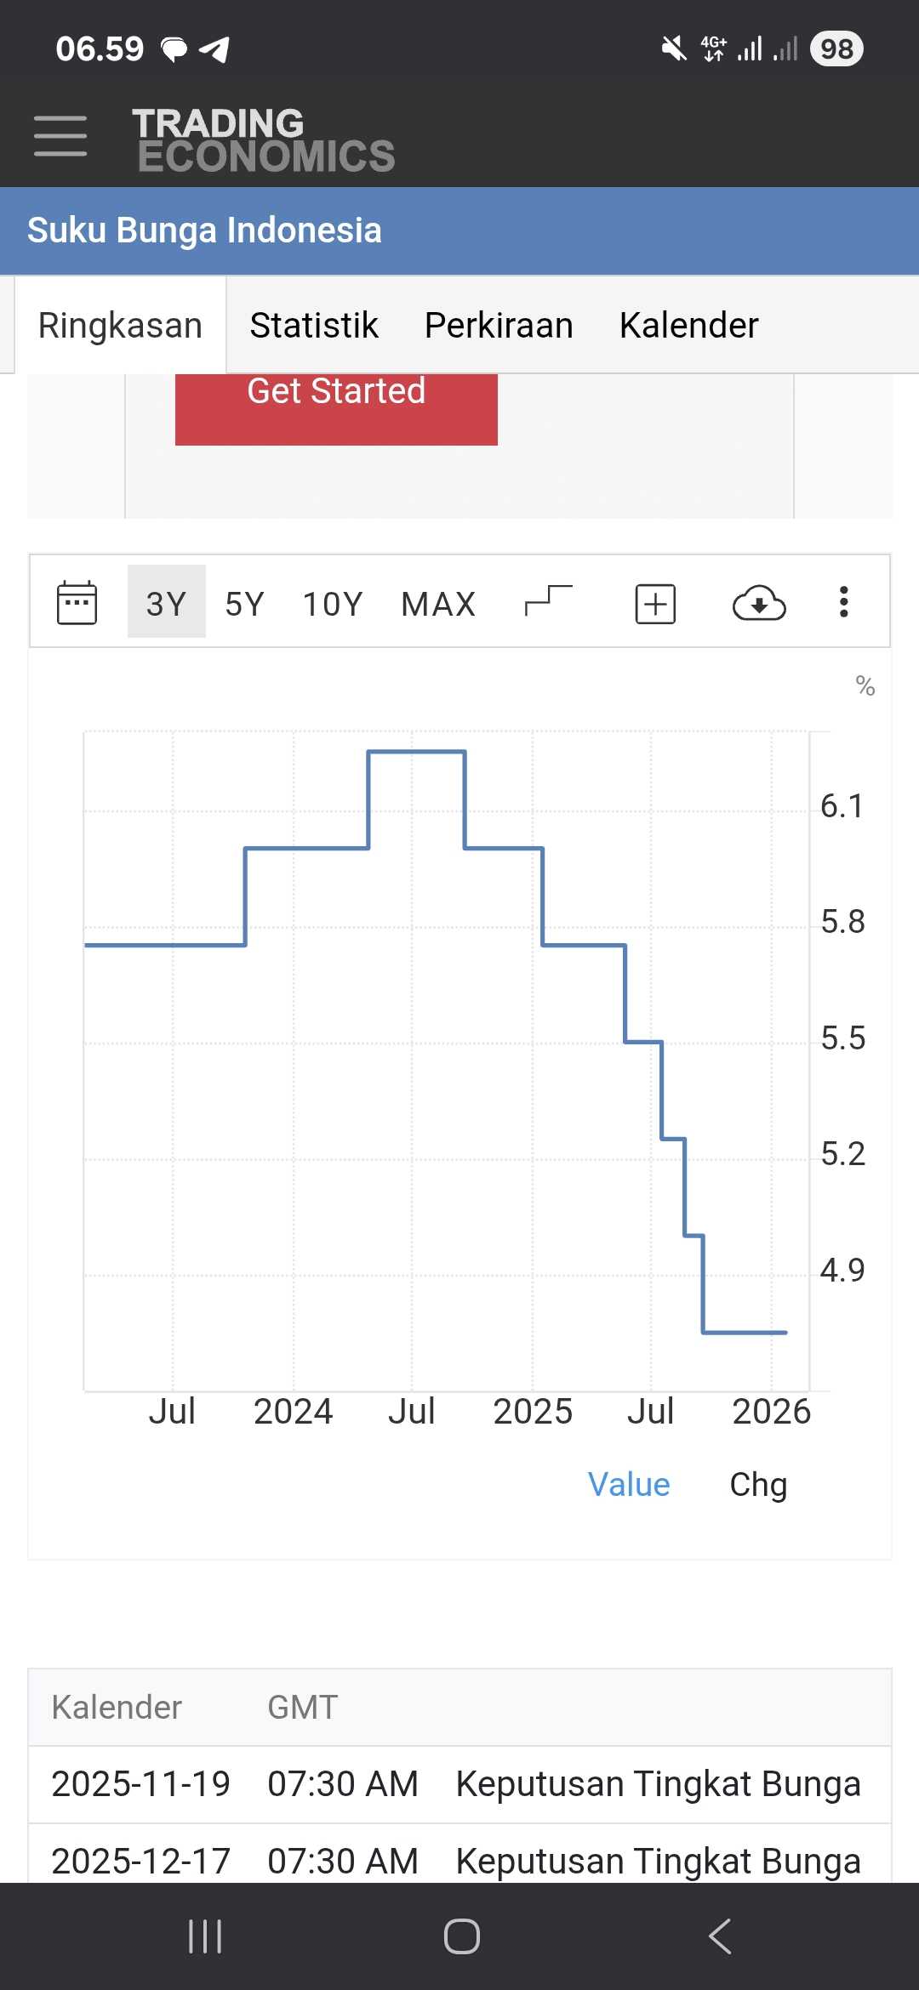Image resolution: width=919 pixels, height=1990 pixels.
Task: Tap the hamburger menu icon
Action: tap(60, 136)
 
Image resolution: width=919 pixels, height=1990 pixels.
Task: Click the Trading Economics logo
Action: tap(263, 140)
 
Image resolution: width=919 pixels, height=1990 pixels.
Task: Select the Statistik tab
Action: tap(314, 325)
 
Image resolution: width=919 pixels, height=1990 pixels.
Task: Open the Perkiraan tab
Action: tap(499, 325)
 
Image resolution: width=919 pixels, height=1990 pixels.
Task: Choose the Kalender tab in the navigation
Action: tap(688, 325)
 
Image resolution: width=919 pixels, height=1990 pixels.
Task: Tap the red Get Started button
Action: tap(336, 401)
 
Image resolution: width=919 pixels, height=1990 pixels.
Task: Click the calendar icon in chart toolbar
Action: tap(77, 603)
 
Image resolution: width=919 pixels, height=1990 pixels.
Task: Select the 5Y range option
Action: tap(244, 604)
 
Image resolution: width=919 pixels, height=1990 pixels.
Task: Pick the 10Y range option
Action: tap(333, 604)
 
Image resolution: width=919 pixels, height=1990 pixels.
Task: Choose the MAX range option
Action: tap(438, 604)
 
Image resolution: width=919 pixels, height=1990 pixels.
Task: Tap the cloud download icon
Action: tap(759, 604)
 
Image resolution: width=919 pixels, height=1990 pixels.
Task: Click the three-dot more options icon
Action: tap(843, 602)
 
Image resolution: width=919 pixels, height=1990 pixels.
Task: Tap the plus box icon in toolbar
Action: tap(655, 604)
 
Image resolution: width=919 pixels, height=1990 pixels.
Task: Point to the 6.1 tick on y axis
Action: tap(842, 805)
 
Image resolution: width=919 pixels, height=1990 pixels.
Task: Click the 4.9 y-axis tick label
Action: tap(842, 1270)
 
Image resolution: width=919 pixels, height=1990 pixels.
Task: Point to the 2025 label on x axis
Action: tap(533, 1412)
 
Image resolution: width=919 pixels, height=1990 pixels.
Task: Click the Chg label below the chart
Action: tap(758, 1485)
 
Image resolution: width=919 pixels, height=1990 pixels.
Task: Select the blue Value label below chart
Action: tap(629, 1485)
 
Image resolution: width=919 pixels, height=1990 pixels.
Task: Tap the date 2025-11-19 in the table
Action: tap(140, 1784)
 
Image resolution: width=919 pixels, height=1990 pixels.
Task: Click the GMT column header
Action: tap(303, 1707)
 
